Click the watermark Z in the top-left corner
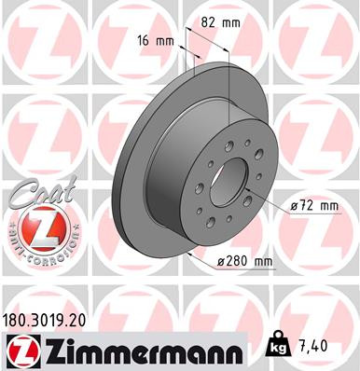click(33, 33)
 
